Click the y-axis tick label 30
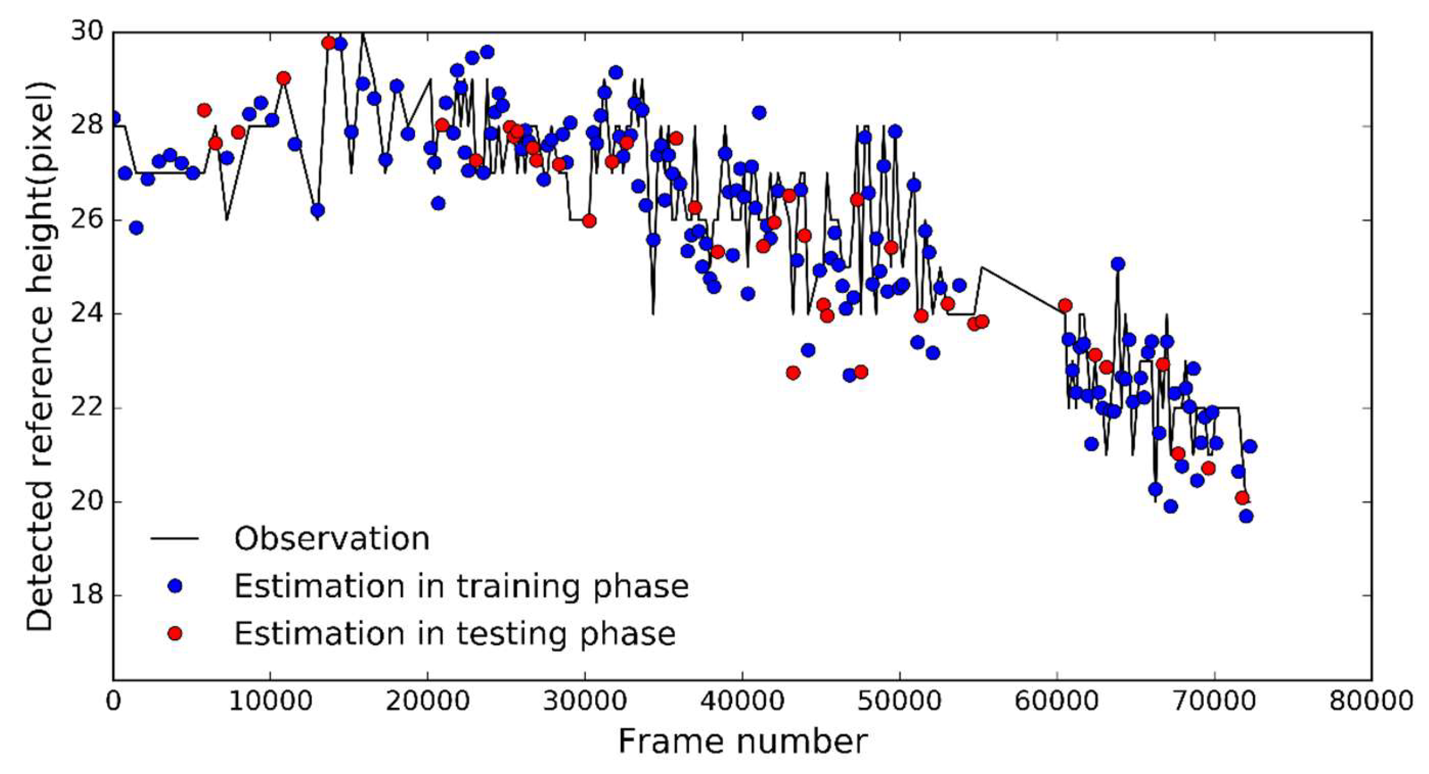click(86, 32)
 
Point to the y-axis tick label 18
click(86, 596)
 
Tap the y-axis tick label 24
click(86, 314)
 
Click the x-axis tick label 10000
click(270, 701)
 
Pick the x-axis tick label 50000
click(899, 701)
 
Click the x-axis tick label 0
click(113, 701)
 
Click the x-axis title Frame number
click(743, 742)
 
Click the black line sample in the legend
click(175, 539)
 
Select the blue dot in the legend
click(175, 586)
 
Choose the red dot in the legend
click(175, 633)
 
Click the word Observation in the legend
click(332, 539)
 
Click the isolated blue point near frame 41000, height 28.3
click(759, 113)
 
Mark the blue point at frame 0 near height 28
click(114, 118)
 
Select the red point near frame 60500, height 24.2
click(1065, 305)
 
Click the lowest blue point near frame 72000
click(1246, 516)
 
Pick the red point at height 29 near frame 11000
click(283, 78)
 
